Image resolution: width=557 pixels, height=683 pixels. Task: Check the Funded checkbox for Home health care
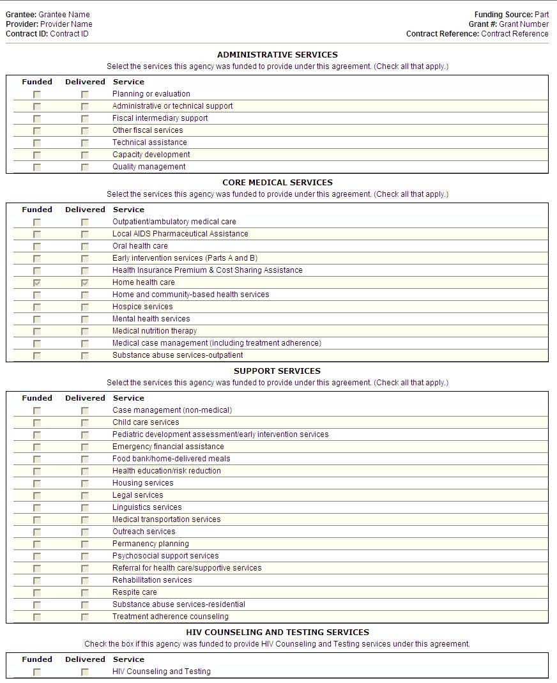click(37, 282)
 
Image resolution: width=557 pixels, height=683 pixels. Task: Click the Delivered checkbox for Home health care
click(85, 282)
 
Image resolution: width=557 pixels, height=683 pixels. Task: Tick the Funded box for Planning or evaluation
click(37, 95)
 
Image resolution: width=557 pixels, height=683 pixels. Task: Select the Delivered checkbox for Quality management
click(85, 167)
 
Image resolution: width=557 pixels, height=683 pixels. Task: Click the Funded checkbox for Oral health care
click(37, 247)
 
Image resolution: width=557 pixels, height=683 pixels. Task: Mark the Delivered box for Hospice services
click(85, 307)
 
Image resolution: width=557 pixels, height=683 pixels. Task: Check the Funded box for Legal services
click(37, 496)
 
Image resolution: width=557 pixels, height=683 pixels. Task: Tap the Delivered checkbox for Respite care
click(85, 593)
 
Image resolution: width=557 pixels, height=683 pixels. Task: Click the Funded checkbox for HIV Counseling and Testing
click(37, 672)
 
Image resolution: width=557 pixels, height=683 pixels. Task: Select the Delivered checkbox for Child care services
click(85, 423)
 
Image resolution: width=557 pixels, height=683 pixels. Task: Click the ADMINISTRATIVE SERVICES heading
click(277, 55)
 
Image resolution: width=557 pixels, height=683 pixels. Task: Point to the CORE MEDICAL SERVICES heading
click(277, 183)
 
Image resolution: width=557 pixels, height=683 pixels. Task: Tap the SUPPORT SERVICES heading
click(277, 371)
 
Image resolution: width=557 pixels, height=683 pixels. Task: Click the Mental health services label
click(151, 319)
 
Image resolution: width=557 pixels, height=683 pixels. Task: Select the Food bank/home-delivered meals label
click(171, 459)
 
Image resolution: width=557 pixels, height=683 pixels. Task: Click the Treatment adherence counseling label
click(170, 617)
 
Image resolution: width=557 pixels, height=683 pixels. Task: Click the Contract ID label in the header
click(27, 34)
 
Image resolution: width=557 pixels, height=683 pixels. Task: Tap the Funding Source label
click(503, 15)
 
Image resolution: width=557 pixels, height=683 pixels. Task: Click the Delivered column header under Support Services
click(85, 398)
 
